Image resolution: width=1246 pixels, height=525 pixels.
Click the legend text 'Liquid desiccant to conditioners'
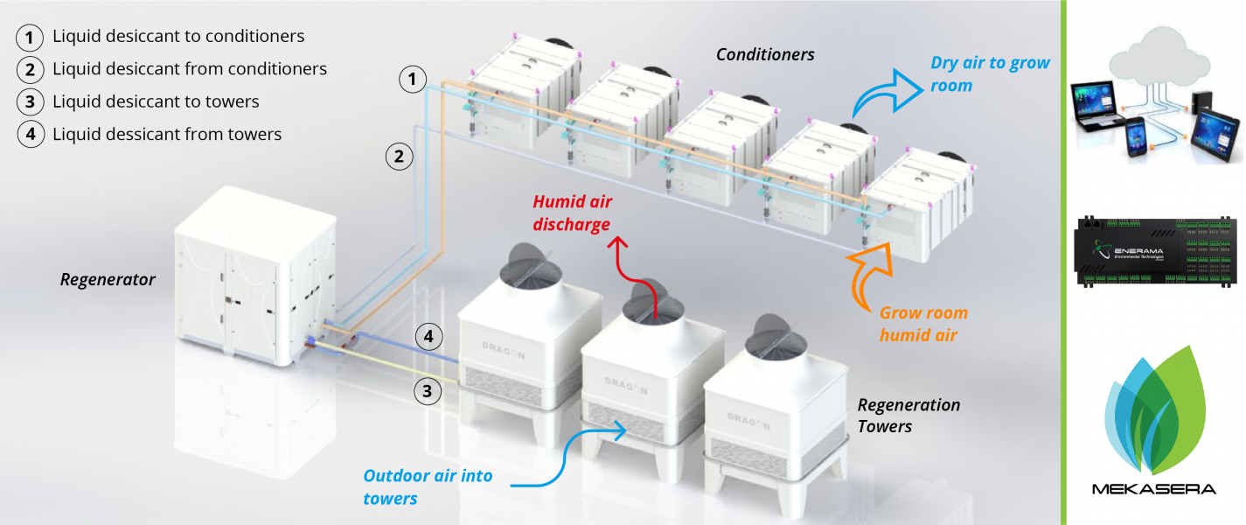[178, 37]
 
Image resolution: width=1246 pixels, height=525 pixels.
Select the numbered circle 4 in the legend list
[31, 135]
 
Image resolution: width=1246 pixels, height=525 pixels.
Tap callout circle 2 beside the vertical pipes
[399, 157]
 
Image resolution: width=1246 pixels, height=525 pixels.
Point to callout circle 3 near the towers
[428, 391]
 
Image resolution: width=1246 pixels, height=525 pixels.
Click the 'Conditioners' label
[765, 55]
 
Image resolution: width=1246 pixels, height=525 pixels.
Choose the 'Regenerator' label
[108, 280]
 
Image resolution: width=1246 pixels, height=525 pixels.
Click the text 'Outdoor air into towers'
[428, 487]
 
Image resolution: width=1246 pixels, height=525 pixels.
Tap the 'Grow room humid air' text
[923, 324]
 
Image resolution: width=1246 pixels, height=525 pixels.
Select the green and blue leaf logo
[1154, 411]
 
